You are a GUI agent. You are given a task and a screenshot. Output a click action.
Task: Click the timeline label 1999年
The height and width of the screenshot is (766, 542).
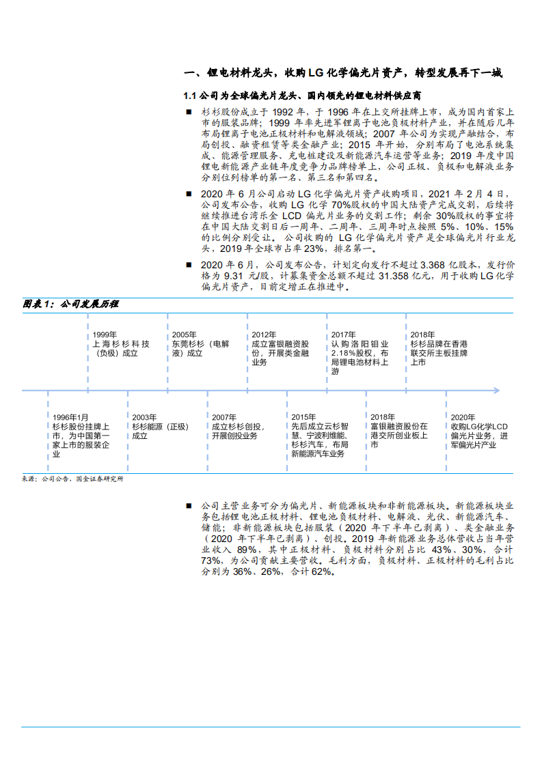click(x=105, y=335)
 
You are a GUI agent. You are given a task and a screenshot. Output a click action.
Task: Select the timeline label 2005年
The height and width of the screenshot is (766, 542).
click(x=184, y=335)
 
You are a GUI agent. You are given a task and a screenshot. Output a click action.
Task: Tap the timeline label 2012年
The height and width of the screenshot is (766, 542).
click(x=263, y=335)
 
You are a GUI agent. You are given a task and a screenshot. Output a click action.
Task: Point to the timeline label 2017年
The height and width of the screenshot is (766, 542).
click(x=343, y=335)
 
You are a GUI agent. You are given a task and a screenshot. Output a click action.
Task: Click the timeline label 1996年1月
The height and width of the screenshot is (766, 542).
click(x=70, y=416)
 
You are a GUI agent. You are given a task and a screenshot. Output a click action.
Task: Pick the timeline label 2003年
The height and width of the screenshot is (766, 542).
click(x=144, y=416)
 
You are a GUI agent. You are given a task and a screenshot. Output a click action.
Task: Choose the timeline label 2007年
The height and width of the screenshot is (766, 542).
click(x=223, y=416)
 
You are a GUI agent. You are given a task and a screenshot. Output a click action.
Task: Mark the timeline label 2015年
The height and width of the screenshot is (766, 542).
click(x=303, y=416)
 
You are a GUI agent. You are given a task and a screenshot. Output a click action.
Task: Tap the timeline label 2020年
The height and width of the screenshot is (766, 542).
click(x=462, y=416)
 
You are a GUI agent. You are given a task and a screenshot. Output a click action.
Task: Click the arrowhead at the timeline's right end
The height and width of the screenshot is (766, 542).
click(x=498, y=391)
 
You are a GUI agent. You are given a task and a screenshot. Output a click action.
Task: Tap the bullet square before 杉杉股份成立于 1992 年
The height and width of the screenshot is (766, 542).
click(x=189, y=111)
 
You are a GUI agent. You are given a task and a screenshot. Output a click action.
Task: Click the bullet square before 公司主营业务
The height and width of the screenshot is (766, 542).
click(x=189, y=506)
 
